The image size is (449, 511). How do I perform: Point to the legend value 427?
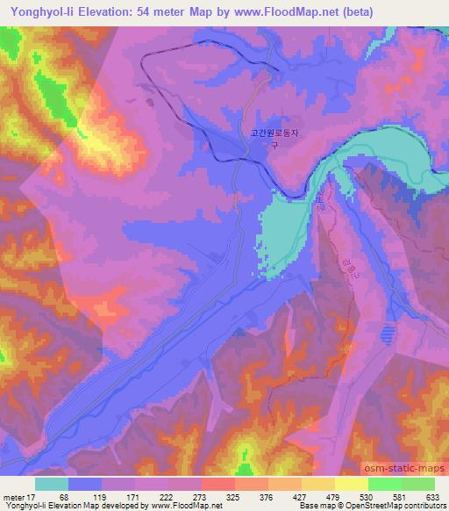coord(303,497)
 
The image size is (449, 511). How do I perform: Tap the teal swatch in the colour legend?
coord(52,484)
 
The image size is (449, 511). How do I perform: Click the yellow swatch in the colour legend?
coord(352,484)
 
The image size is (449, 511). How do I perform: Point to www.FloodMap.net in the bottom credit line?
coord(176,506)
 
